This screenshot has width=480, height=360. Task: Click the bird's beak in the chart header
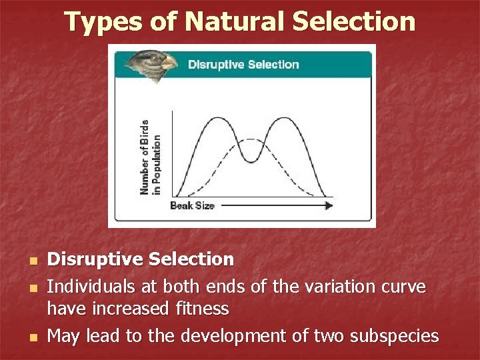coord(170,63)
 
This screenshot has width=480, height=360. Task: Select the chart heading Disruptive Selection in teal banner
coord(243,65)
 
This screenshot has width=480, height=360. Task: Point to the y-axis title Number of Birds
coord(145,157)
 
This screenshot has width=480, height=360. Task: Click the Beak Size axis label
coord(192,206)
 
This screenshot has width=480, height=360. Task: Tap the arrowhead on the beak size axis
coord(328,206)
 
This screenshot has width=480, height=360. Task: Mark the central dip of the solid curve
coord(251,161)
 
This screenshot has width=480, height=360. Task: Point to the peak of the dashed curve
coord(251,139)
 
